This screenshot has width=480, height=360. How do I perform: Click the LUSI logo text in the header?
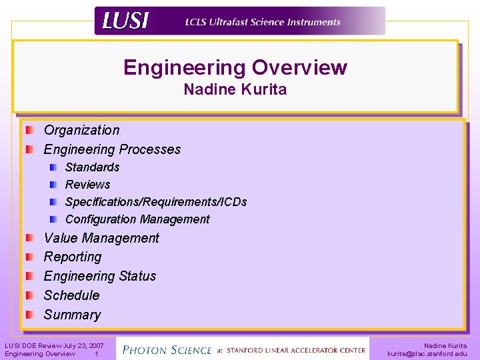(125, 21)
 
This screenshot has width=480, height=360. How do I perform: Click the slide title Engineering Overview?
(235, 67)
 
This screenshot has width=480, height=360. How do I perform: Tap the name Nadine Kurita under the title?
(235, 89)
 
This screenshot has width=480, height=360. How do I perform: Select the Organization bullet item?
(81, 130)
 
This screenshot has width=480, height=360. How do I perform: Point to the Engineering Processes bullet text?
(112, 149)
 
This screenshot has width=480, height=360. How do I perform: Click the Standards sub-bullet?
(92, 167)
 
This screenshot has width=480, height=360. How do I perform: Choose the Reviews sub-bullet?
(87, 184)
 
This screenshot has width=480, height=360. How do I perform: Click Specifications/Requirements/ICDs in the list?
(156, 201)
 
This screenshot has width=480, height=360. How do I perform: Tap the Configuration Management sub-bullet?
(137, 219)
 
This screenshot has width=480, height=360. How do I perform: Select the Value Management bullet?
(101, 238)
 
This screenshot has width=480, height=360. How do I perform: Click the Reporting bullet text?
(73, 257)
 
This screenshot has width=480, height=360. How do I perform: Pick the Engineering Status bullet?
(100, 276)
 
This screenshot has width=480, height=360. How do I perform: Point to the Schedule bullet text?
(71, 295)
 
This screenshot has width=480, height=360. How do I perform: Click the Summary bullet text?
(72, 315)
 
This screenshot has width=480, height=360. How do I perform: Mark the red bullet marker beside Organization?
(30, 130)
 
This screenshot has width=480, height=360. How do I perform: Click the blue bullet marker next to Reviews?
(53, 184)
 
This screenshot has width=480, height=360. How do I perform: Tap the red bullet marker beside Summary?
(30, 314)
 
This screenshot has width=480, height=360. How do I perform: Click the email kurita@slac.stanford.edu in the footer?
(427, 354)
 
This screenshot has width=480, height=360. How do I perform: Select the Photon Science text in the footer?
(167, 349)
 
